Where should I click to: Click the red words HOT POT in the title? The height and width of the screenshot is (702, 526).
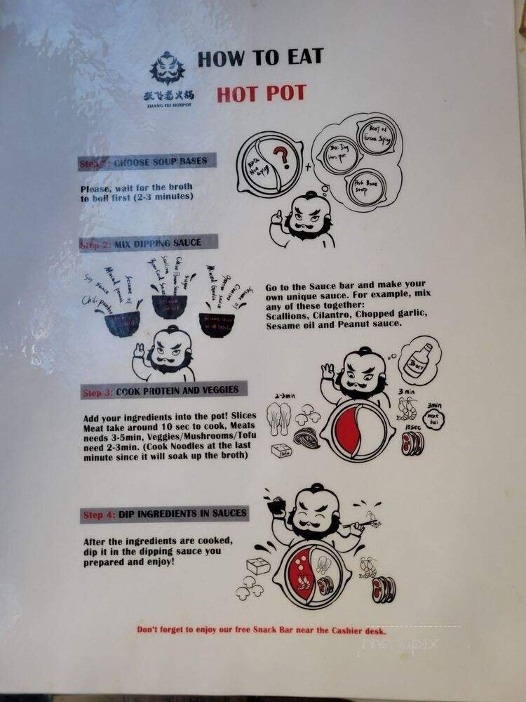(x=262, y=93)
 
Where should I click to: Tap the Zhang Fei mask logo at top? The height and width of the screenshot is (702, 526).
(x=166, y=69)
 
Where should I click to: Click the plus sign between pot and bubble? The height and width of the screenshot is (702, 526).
(x=307, y=168)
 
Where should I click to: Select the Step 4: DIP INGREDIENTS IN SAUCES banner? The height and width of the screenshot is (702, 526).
(x=164, y=515)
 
